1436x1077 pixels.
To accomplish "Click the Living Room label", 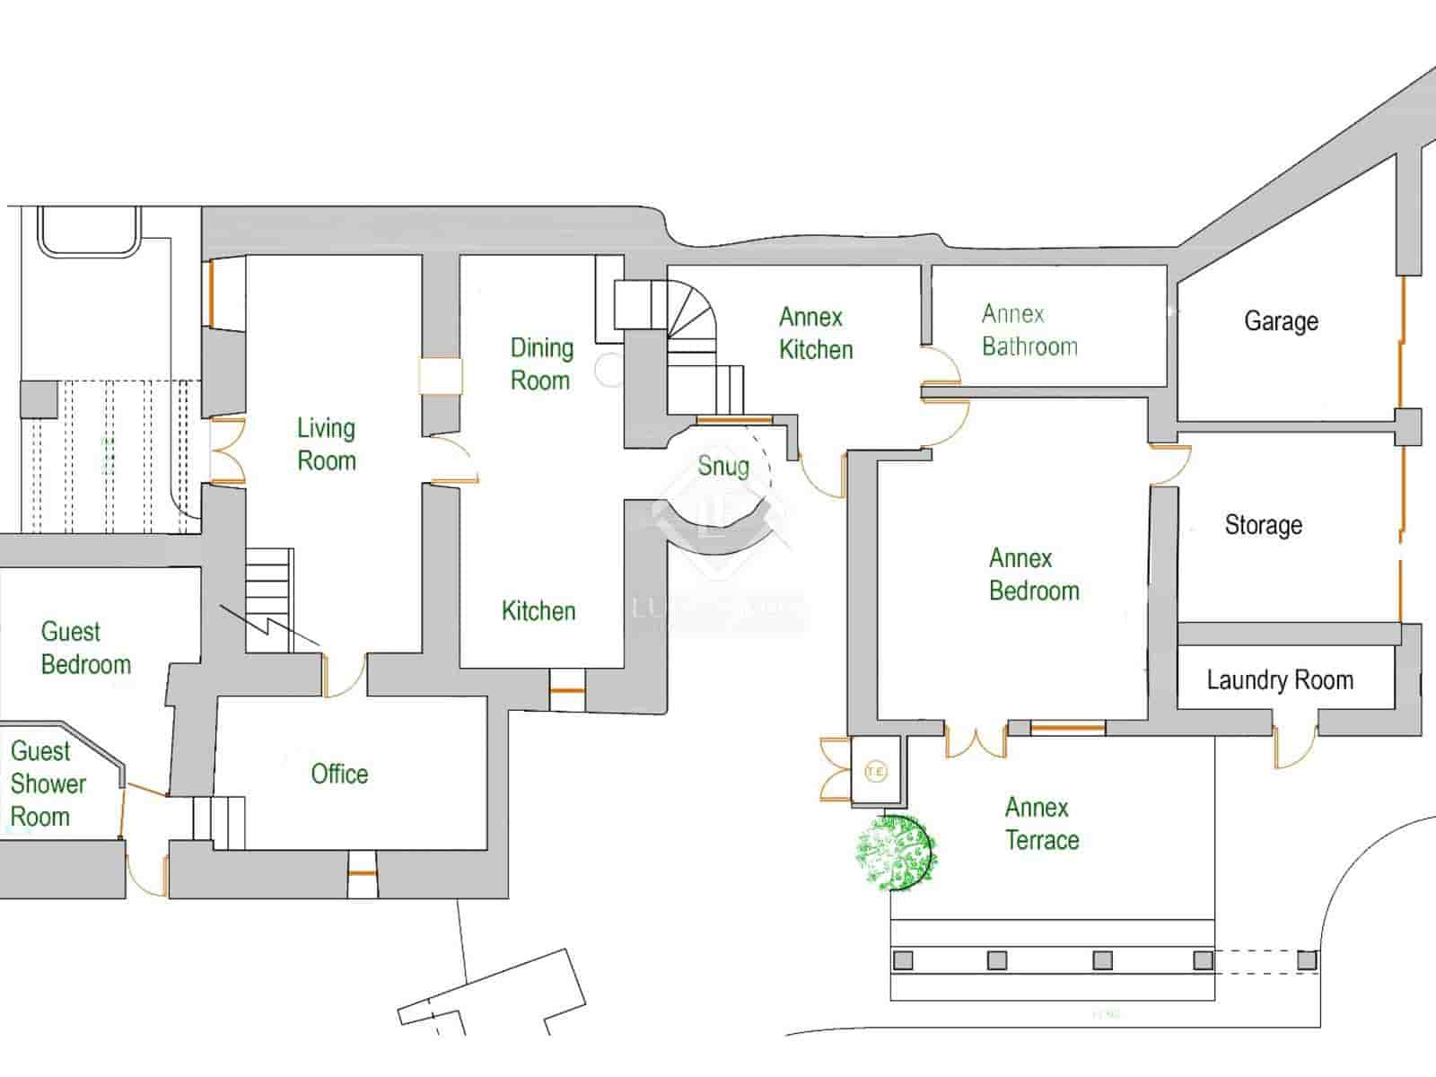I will [x=327, y=444].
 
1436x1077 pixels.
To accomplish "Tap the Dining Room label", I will [x=541, y=363].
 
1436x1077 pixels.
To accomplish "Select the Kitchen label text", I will [x=538, y=611].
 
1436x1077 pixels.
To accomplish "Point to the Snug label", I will [x=723, y=466].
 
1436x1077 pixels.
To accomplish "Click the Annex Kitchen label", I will [x=815, y=333].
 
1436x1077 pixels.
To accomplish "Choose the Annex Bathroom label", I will [x=1029, y=330].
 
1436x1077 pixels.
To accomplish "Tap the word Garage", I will [x=1281, y=321].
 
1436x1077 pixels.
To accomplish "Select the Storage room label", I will [x=1263, y=525].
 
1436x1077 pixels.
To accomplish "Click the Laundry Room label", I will [x=1280, y=680].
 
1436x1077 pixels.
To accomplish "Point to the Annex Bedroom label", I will [x=1033, y=574].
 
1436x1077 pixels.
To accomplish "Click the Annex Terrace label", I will [x=1041, y=824].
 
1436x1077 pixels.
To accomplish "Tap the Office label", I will [x=339, y=774].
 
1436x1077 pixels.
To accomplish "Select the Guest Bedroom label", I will [x=85, y=648].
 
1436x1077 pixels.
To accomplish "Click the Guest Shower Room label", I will [x=48, y=784].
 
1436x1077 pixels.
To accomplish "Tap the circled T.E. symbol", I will [x=876, y=771].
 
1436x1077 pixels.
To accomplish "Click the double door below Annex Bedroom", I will [x=976, y=741].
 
